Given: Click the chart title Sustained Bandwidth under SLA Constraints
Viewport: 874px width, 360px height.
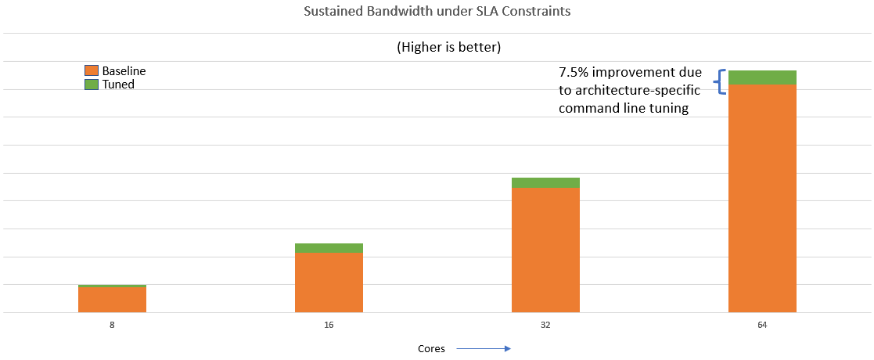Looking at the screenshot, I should pyautogui.click(x=437, y=13).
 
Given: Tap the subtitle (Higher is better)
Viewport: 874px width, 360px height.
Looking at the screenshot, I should pyautogui.click(x=448, y=47).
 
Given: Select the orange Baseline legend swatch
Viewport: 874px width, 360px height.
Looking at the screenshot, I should pyautogui.click(x=92, y=71).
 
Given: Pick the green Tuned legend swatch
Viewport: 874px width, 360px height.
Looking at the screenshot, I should pyautogui.click(x=92, y=84).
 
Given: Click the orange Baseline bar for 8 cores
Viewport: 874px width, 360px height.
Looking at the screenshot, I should pyautogui.click(x=112, y=301).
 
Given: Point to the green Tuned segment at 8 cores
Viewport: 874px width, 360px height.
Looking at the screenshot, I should pyautogui.click(x=112, y=286).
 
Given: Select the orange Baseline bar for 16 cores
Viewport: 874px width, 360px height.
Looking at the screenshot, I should pyautogui.click(x=329, y=283).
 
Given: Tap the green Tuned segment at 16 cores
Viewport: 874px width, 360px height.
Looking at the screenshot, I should pyautogui.click(x=329, y=248).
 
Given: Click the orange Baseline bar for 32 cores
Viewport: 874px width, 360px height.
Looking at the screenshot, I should pyautogui.click(x=545, y=250).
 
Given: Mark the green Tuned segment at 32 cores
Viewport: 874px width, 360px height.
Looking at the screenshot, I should pyautogui.click(x=545, y=182).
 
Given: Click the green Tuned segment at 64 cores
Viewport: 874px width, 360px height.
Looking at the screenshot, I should pyautogui.click(x=762, y=77).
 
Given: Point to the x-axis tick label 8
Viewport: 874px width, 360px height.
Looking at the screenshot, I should pyautogui.click(x=112, y=323).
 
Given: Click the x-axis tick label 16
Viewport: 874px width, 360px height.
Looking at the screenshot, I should pyautogui.click(x=329, y=323).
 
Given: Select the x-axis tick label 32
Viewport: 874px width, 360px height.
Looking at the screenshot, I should pyautogui.click(x=545, y=323).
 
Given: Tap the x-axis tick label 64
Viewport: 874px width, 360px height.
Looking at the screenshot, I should pyautogui.click(x=762, y=323).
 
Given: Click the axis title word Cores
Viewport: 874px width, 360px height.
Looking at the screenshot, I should pyautogui.click(x=431, y=349).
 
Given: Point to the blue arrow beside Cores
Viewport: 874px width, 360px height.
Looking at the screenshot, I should pyautogui.click(x=483, y=349).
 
